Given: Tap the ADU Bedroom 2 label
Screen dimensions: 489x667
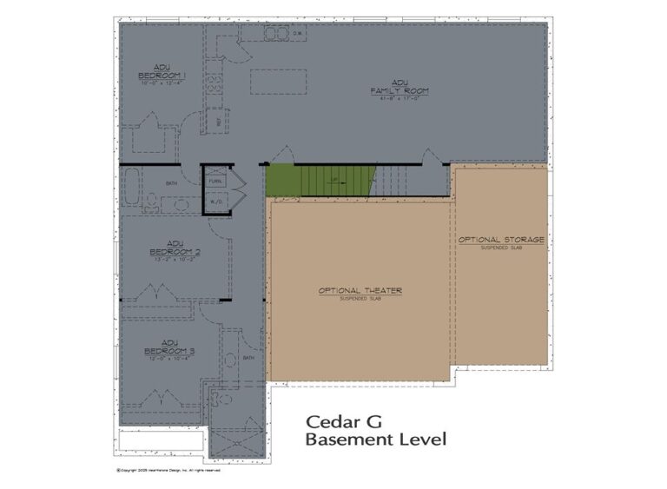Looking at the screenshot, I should click(175, 248).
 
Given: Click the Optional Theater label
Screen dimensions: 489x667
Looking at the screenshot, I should click(359, 290).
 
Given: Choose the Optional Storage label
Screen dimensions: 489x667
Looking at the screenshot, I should click(501, 239).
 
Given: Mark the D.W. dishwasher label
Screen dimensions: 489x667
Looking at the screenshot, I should click(296, 35).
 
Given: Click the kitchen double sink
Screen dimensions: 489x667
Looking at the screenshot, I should click(276, 34).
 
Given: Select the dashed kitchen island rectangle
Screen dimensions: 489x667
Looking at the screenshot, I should click(277, 81).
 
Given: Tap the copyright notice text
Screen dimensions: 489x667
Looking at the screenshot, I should click(168, 471).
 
